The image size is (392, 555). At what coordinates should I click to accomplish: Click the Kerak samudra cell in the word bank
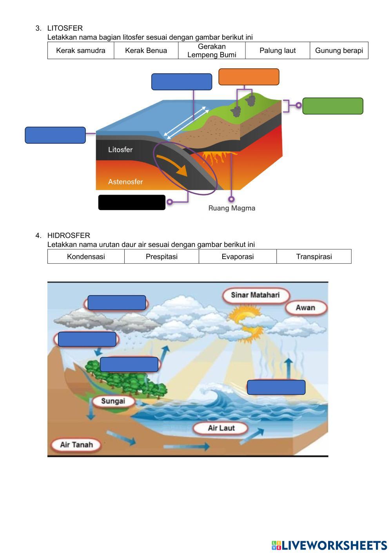pos(81,51)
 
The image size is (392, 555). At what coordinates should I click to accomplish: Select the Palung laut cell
pos(278,51)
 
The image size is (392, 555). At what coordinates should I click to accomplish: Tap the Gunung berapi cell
pos(339,51)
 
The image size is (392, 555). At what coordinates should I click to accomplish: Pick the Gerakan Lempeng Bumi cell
pos(212,51)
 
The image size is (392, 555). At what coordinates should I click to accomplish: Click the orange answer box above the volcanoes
pos(249,77)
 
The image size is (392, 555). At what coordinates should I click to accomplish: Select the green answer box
pos(333,106)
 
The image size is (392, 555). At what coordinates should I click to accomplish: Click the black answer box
pos(132,203)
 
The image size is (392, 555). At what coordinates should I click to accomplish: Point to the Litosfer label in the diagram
pos(120,150)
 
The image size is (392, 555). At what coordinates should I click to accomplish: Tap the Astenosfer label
pos(125,182)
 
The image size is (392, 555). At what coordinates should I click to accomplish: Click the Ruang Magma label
pos(232,208)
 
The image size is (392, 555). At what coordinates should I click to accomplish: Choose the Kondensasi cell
pos(86,257)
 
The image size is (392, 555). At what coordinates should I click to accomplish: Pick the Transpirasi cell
pos(314,257)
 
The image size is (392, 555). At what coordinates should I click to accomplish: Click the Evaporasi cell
pos(238,257)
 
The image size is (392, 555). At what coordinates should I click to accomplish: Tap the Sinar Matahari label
pos(255,295)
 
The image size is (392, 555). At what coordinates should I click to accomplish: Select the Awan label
pos(305,308)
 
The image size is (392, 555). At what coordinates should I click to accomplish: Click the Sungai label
pos(113,401)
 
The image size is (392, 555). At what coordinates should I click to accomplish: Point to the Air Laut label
pos(221,428)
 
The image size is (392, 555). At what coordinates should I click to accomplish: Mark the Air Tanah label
pos(76,445)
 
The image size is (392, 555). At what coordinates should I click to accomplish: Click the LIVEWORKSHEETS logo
pos(329,545)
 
